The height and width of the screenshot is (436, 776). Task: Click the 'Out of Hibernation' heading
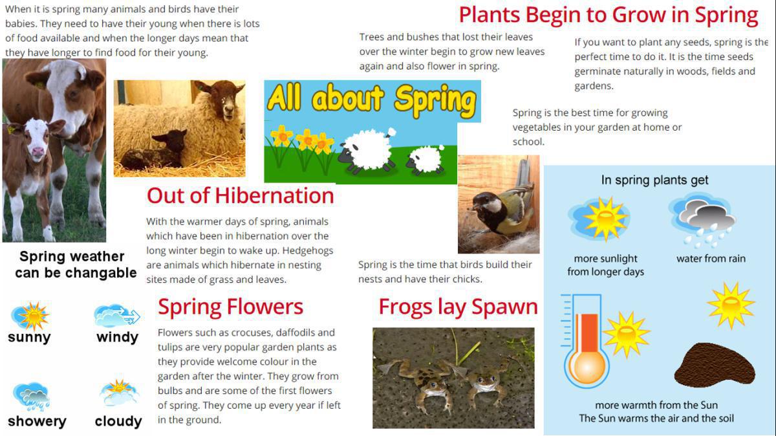coord(240,196)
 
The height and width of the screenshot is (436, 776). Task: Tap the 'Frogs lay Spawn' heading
coord(458,307)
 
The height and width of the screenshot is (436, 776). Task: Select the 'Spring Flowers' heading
coord(230,307)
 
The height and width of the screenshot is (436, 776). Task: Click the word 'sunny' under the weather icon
coord(30,337)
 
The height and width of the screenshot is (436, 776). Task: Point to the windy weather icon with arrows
coord(117,316)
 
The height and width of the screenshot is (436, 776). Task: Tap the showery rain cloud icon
coord(31,397)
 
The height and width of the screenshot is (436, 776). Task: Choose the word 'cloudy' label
coord(118,421)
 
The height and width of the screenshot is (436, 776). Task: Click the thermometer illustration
coord(585,342)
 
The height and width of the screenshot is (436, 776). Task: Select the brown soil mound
coord(715,365)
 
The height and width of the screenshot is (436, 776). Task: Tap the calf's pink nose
coord(38,151)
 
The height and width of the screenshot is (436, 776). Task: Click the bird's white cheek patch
coord(493,206)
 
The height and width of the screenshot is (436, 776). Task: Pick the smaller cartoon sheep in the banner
coord(425,160)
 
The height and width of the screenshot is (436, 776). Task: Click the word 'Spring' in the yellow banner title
coord(436,100)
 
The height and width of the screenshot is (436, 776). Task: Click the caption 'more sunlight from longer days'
coord(605,265)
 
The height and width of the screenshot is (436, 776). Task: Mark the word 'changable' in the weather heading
coord(101,273)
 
